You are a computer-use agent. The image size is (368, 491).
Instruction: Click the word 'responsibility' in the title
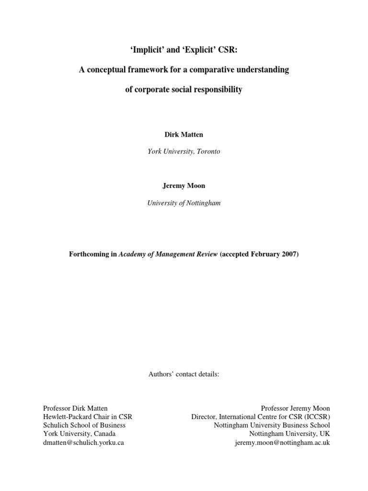pos(217,90)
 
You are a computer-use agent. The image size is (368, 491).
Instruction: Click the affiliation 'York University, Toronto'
pos(184,152)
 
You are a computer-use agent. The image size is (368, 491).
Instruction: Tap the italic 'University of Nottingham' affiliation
pos(184,203)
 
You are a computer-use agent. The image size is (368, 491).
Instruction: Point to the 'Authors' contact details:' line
pos(184,374)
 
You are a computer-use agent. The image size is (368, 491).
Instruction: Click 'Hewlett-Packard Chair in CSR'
pos(88,417)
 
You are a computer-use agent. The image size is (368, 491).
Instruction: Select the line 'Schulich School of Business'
pos(84,425)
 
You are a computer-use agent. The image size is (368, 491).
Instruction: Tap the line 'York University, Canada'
pos(79,434)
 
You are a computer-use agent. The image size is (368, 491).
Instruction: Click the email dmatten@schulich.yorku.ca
pos(83,443)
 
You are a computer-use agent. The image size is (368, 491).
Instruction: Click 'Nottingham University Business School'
pos(272,425)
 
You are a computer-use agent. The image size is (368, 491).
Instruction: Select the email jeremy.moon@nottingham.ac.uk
pos(282,443)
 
